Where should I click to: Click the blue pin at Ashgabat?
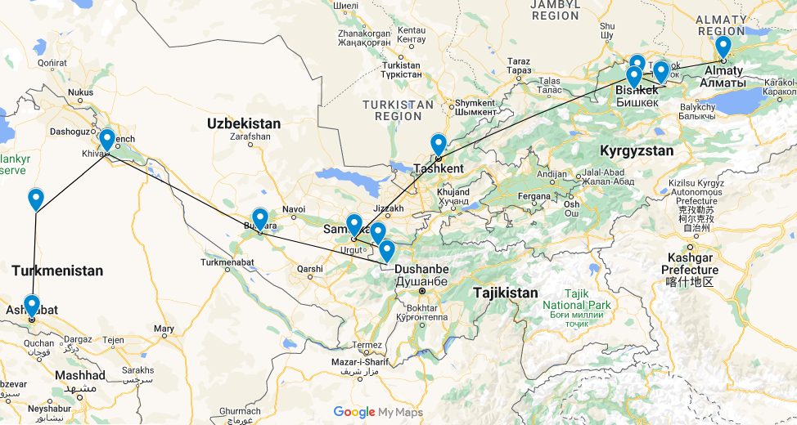[x=32, y=306]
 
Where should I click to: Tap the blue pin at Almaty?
[x=723, y=47]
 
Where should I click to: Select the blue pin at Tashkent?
[x=439, y=145]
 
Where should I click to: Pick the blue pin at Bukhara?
[x=259, y=218]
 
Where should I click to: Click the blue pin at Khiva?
[x=106, y=139]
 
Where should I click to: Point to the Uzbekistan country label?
[x=243, y=123]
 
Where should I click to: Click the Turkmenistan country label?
[x=57, y=270]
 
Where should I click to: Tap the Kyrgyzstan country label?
[x=637, y=150]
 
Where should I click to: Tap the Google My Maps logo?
[x=378, y=413]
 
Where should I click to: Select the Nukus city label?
[x=80, y=92]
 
